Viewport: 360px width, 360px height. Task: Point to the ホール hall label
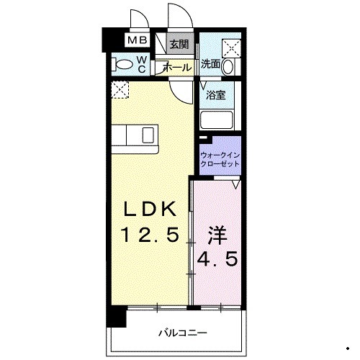pos(177,67)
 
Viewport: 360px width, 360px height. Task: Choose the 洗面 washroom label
pos(211,64)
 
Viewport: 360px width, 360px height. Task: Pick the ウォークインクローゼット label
pos(220,158)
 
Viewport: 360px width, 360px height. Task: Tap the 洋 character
pos(219,235)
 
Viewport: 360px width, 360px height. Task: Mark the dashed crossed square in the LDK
pos(120,90)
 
